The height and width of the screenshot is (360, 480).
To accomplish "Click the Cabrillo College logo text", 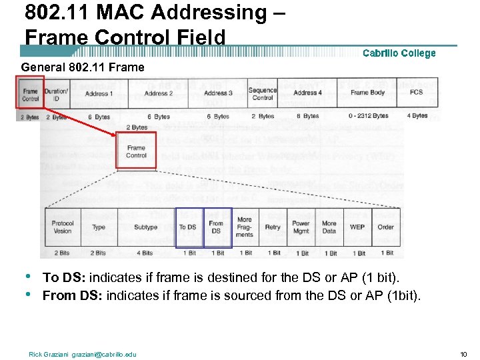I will coord(399,53).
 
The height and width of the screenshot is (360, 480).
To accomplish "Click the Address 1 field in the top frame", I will coord(99,93).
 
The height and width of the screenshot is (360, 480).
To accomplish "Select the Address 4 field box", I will coord(307,93).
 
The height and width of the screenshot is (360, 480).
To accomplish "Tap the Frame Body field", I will coord(367,93).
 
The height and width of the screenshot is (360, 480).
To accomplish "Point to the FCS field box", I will coord(417,93).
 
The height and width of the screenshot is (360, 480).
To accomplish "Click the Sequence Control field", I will coord(263,93).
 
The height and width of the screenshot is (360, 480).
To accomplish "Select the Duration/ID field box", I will coord(56,93).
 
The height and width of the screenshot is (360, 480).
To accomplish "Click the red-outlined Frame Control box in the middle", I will coord(136,151).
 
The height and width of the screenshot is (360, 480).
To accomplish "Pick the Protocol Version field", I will coord(63,227).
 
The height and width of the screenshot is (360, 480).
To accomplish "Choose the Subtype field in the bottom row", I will coord(145,227).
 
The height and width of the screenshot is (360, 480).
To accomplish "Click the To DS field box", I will coord(188,227).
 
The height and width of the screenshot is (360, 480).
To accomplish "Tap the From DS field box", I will coord(217,227).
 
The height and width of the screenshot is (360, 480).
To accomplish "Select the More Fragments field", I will coord(245,227).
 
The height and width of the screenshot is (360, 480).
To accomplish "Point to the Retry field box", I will coord(273,227).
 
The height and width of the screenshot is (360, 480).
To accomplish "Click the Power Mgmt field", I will coord(301,227).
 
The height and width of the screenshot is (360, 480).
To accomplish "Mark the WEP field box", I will coord(357,227).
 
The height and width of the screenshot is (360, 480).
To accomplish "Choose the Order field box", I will coord(386,227).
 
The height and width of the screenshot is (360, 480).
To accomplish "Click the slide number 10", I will coord(465,354).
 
